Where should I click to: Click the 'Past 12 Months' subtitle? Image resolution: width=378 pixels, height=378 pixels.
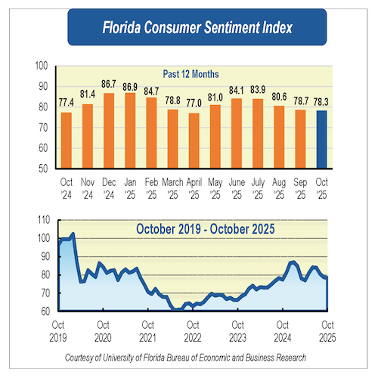click(191, 74)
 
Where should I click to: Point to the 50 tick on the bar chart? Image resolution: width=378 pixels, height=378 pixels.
click(45, 167)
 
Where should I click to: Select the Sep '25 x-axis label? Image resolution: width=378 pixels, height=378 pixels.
click(301, 186)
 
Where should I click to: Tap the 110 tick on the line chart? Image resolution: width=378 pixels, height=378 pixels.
click(42, 221)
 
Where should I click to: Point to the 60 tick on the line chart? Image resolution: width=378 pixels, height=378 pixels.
click(45, 311)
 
